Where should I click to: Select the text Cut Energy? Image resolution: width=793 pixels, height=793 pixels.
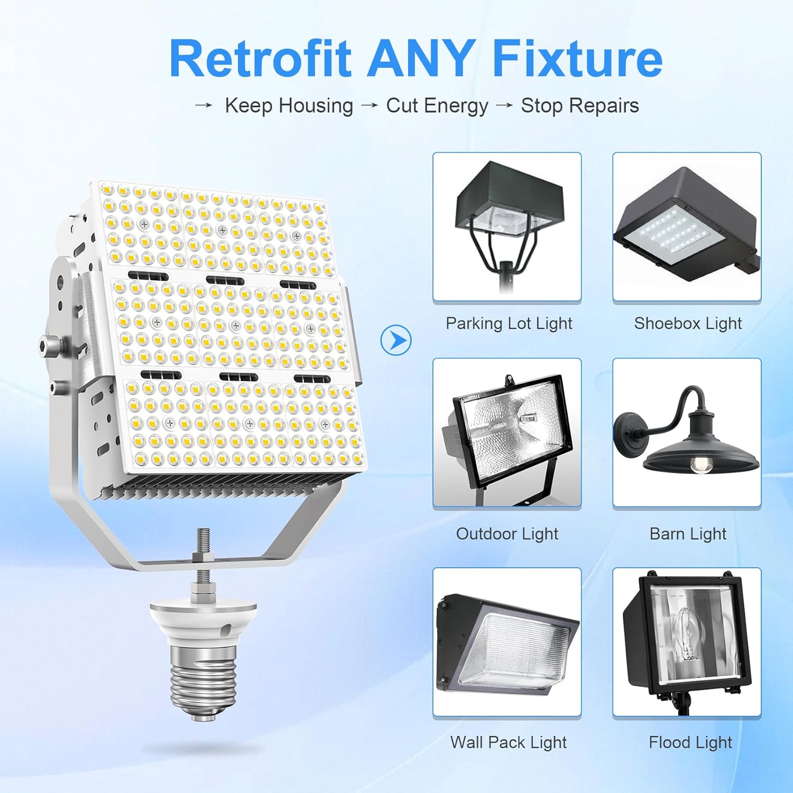(437, 106)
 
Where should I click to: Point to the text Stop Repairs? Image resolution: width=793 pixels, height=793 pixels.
(580, 106)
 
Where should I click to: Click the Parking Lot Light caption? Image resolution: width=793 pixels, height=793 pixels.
(509, 323)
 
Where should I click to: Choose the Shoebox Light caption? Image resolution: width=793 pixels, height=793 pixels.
(688, 323)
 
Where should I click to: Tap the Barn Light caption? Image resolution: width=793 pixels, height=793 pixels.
(688, 534)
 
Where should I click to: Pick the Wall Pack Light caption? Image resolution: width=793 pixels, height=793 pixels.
(508, 742)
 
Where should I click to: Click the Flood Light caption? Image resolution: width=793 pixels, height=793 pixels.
(690, 742)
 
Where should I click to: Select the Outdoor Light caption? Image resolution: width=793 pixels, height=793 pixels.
(507, 534)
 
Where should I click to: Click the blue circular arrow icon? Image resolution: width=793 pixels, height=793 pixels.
(395, 340)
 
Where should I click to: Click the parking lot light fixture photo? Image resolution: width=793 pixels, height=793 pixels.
(506, 226)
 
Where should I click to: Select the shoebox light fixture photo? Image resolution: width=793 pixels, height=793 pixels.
(687, 226)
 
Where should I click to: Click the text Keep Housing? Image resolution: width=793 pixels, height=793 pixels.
(289, 106)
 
